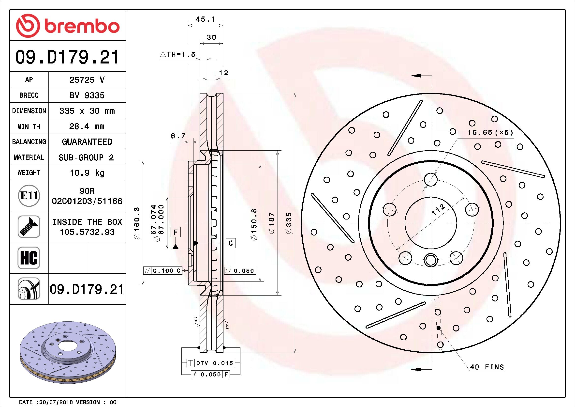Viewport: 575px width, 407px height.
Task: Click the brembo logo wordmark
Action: pyautogui.click(x=81, y=26)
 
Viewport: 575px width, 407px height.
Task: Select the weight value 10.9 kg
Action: pyautogui.click(x=87, y=173)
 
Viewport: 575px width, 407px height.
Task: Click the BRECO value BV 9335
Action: pyautogui.click(x=87, y=95)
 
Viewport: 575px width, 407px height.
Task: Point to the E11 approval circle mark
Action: pyautogui.click(x=29, y=196)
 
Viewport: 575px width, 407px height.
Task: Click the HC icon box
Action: pyautogui.click(x=29, y=258)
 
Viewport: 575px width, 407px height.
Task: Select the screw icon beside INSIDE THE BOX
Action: pyautogui.click(x=29, y=227)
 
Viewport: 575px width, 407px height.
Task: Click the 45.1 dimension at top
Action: pyautogui.click(x=205, y=19)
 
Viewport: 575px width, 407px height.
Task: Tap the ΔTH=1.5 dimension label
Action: pyautogui.click(x=178, y=54)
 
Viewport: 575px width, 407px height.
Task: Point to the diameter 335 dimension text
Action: pyautogui.click(x=289, y=223)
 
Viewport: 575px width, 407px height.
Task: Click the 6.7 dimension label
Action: pyautogui.click(x=178, y=136)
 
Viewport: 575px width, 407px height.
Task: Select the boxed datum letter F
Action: pyautogui.click(x=175, y=232)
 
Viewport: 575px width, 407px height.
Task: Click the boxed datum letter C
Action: pyautogui.click(x=231, y=243)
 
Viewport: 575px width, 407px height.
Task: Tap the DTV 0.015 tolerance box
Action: pyautogui.click(x=214, y=363)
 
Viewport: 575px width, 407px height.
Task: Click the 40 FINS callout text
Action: pyautogui.click(x=487, y=367)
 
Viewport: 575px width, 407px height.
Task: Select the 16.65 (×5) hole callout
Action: pyautogui.click(x=490, y=133)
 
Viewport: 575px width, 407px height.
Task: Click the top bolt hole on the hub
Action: pyautogui.click(x=431, y=179)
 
